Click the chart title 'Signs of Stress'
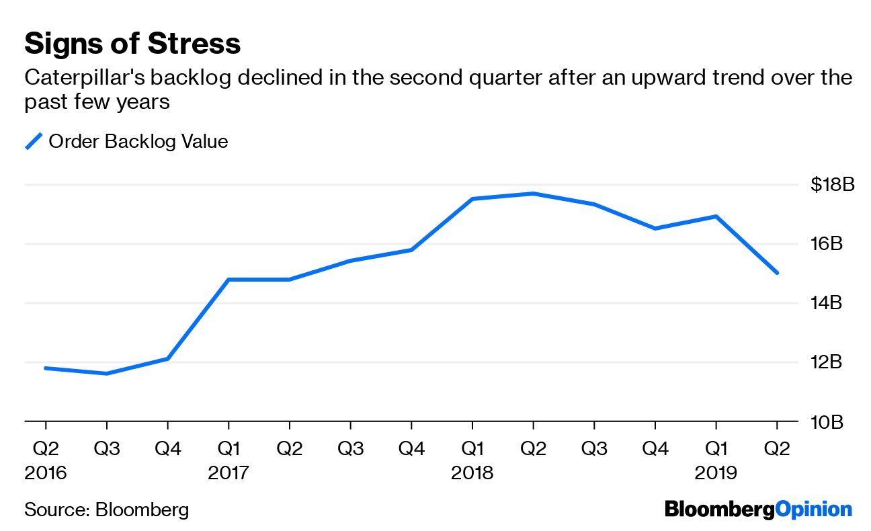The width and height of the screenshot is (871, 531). coord(132,44)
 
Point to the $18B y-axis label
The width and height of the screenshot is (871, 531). coord(832,184)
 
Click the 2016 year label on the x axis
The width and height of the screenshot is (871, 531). coord(46,473)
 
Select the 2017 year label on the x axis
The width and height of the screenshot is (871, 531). coord(229,473)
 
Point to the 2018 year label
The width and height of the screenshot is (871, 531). coord(472,473)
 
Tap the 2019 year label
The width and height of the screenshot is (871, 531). coord(716,473)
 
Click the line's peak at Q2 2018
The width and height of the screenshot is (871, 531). coord(533,194)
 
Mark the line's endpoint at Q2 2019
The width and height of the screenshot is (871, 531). coord(777,273)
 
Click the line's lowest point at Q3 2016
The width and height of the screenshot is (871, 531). coord(107,373)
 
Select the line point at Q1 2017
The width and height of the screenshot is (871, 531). coord(229,279)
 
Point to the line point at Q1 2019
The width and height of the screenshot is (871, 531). coord(716,216)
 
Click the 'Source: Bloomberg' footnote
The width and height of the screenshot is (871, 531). coord(106,509)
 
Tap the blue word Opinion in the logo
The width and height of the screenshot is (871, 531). coord(813,509)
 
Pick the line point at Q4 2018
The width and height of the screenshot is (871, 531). coord(655,229)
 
